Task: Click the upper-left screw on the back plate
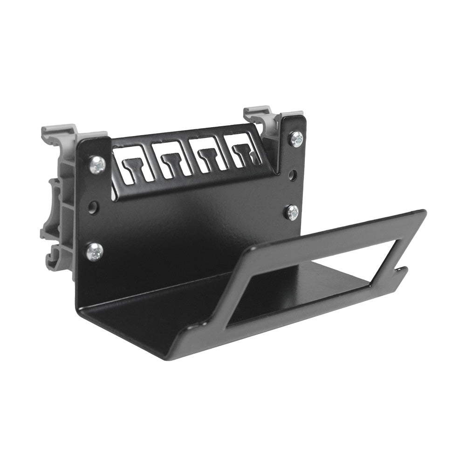click(x=97, y=165)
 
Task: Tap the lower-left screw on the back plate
click(x=94, y=252)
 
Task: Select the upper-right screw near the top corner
click(x=296, y=139)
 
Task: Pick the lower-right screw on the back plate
click(x=292, y=212)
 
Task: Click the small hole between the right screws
click(x=293, y=175)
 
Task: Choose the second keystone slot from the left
click(x=173, y=158)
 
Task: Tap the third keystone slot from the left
click(x=208, y=153)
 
